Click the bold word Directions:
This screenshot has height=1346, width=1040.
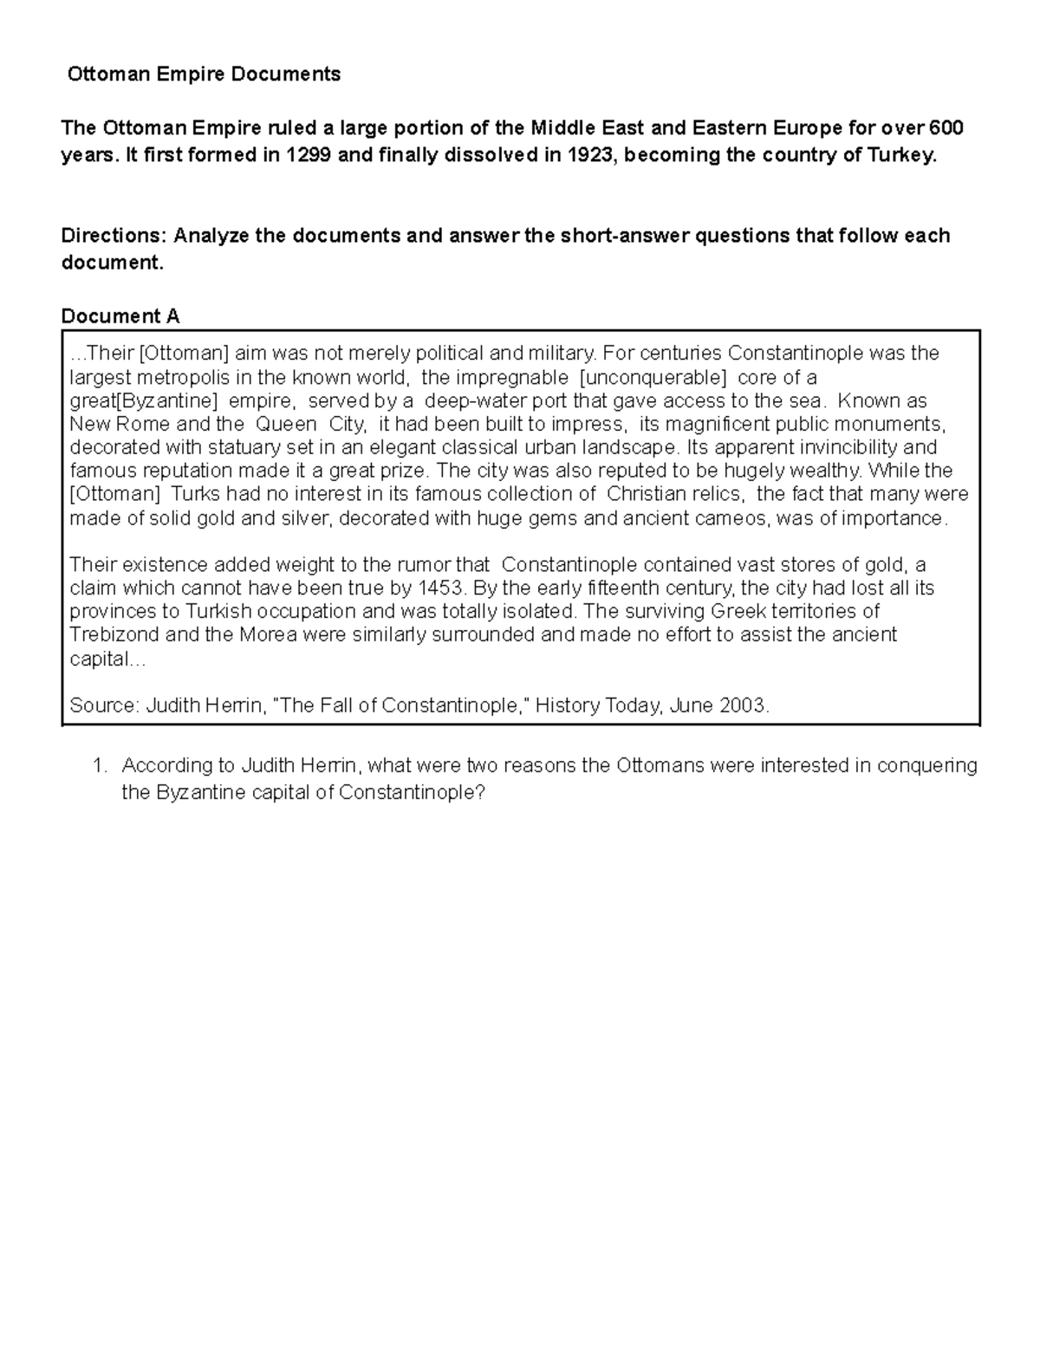[x=114, y=236]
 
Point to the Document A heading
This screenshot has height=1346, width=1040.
[x=120, y=316]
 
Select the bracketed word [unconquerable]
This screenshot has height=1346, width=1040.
[x=653, y=378]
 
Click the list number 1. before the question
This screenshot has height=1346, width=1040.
[x=100, y=765]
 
